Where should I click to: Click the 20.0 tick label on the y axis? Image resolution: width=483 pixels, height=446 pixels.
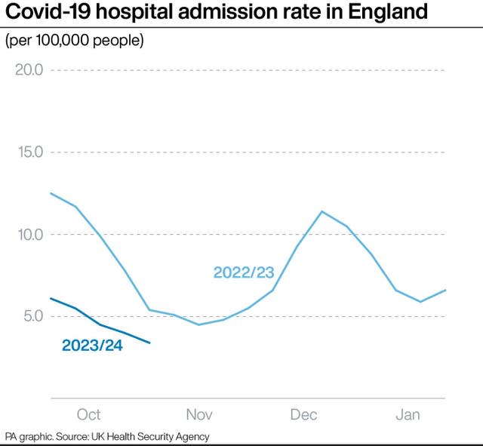click(28, 70)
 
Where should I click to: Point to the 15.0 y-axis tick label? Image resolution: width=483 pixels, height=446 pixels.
click(28, 152)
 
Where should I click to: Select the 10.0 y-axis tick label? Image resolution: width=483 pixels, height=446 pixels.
click(28, 235)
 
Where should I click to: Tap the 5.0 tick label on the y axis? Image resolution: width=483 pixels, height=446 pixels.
click(32, 316)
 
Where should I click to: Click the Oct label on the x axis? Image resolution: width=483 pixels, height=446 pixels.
click(88, 414)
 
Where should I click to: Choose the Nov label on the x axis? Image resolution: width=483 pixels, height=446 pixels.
click(199, 414)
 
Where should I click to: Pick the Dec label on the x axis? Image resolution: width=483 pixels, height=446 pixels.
click(303, 414)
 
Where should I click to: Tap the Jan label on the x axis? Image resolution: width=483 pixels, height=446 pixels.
click(408, 414)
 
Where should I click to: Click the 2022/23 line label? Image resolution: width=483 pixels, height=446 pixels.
click(244, 272)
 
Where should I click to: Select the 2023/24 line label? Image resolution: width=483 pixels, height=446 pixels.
click(92, 346)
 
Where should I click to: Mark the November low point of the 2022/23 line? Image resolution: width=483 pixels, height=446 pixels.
click(198, 325)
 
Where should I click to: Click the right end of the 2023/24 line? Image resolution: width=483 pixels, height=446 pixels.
click(150, 343)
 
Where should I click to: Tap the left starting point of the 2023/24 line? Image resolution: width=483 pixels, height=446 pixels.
click(51, 298)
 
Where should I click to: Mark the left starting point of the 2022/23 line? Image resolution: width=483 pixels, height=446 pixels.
click(51, 193)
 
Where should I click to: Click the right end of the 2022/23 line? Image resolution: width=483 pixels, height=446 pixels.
click(445, 290)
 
